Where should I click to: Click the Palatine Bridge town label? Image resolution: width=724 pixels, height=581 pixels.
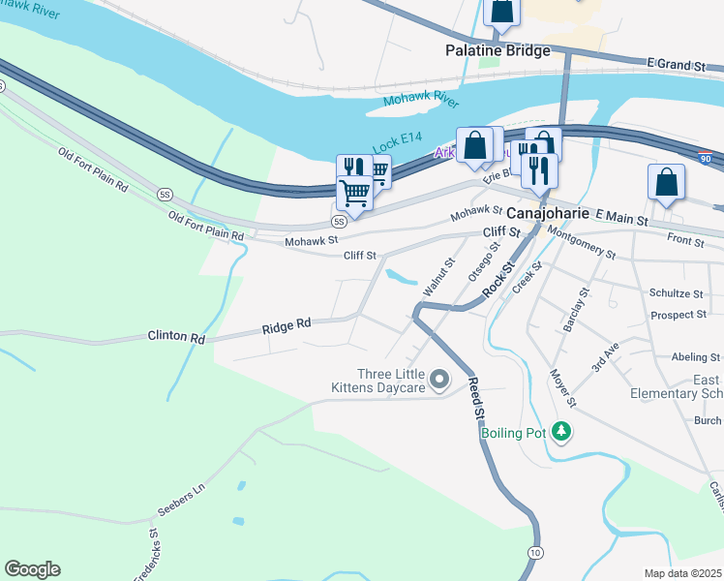tap(498, 50)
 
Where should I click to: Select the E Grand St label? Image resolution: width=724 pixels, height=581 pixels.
tap(679, 64)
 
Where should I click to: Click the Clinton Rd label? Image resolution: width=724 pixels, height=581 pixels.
tap(176, 338)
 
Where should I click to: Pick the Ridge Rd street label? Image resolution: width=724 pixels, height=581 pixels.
tap(286, 327)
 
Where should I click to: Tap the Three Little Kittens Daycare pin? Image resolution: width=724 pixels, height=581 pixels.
tap(440, 380)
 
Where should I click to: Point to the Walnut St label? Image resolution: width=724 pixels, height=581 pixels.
tap(438, 277)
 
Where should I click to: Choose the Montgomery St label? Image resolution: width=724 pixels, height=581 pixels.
tap(581, 242)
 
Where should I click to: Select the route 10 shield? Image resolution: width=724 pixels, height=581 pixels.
tap(534, 551)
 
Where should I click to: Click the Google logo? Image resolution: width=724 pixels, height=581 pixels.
tap(32, 569)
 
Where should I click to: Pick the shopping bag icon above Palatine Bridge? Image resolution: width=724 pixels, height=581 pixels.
tap(502, 11)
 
